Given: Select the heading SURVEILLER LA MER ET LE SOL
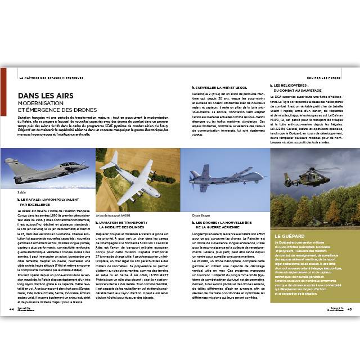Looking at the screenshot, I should click(x=222, y=88).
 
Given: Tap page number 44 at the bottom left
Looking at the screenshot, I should click(x=11, y=309).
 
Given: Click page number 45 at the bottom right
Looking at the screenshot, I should click(x=349, y=309).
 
